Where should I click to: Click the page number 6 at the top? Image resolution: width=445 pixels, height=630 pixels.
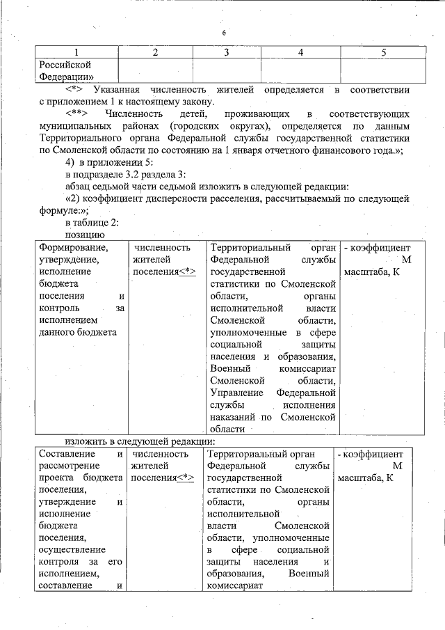pos(225,33)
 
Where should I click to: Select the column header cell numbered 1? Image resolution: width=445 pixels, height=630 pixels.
pos(76,52)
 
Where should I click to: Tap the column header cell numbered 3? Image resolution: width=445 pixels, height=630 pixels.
pos(227,52)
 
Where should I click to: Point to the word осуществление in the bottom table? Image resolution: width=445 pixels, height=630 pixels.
pos(73,549)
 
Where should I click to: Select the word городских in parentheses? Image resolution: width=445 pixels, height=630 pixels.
pos(198,126)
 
